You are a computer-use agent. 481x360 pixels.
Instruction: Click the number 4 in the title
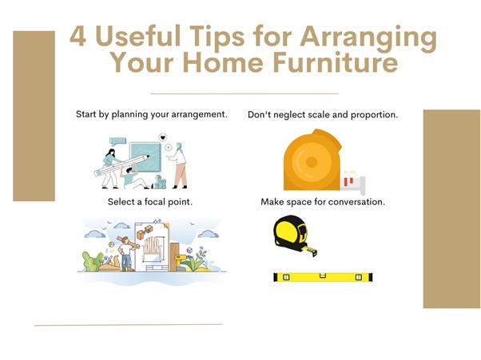[x=78, y=36]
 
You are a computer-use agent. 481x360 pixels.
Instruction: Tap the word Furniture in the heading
[x=336, y=62]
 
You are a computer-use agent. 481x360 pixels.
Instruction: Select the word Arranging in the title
[x=368, y=38]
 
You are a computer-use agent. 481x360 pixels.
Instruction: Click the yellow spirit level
[x=323, y=277]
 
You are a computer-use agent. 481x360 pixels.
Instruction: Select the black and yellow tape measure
[x=295, y=235]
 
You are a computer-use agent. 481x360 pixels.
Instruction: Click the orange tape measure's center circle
[x=312, y=162]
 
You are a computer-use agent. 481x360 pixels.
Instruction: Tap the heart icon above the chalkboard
[x=163, y=137]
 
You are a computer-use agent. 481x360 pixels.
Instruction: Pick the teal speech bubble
[x=117, y=141]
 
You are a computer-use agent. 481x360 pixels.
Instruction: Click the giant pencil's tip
[x=148, y=156]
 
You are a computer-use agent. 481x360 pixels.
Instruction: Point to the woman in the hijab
[x=179, y=165]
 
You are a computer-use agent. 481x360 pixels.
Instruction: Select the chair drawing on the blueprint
[x=152, y=248]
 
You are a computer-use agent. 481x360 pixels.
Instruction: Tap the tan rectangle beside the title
[x=34, y=116]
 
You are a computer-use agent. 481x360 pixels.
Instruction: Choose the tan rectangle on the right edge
[x=452, y=208]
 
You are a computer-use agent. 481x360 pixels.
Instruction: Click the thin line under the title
[x=244, y=93]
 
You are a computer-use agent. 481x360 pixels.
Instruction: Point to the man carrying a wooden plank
[x=126, y=253]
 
